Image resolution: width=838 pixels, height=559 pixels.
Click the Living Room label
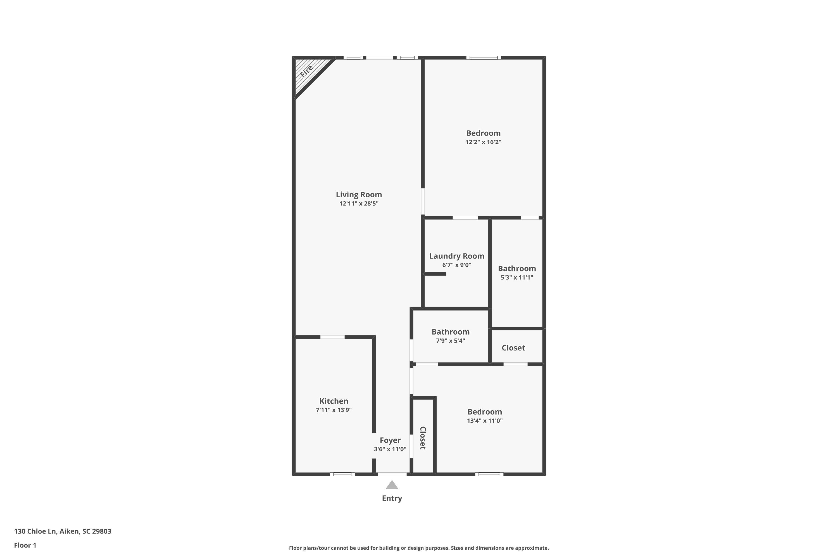click(x=359, y=195)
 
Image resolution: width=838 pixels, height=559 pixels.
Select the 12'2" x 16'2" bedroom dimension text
click(x=484, y=142)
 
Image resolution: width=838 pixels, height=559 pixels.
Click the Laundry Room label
click(x=457, y=256)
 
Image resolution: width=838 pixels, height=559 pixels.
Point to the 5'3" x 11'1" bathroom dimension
click(x=517, y=277)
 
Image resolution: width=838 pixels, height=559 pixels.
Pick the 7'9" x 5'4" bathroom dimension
click(x=451, y=340)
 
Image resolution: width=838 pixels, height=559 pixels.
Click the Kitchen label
click(x=334, y=401)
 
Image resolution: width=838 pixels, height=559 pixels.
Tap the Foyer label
click(x=390, y=440)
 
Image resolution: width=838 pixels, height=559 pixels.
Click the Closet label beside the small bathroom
click(x=513, y=348)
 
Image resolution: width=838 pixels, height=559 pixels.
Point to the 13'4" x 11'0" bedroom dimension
click(x=485, y=421)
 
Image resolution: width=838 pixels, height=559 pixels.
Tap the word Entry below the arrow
click(x=392, y=498)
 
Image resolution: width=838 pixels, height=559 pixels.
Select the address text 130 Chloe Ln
click(x=35, y=531)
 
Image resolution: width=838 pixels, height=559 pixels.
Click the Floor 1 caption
click(x=25, y=545)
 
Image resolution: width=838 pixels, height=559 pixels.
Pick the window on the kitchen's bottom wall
click(x=342, y=474)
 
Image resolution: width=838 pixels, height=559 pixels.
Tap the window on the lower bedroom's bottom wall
click(x=489, y=474)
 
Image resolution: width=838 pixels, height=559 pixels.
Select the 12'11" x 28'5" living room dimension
click(x=359, y=203)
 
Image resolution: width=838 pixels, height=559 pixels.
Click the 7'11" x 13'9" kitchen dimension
click(x=334, y=410)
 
